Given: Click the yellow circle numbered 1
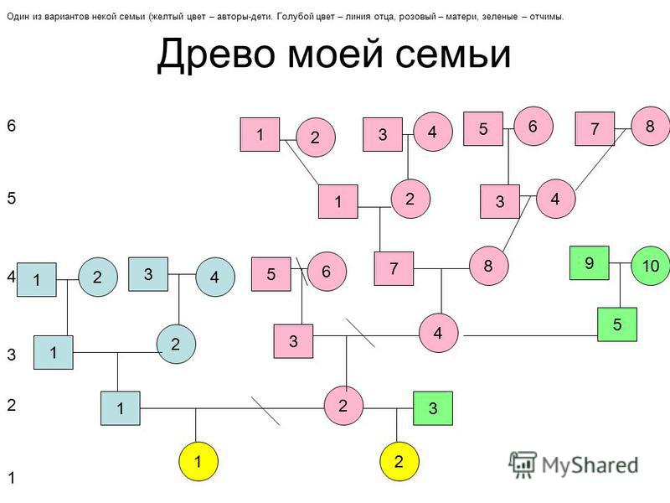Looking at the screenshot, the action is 198,462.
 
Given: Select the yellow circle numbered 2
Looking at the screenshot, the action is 399,462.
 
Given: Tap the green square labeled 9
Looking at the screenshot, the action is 590,263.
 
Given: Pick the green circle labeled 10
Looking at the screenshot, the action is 651,266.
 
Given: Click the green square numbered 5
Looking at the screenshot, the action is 617,324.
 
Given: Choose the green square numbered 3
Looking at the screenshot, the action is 433,408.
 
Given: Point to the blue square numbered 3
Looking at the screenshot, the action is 148,274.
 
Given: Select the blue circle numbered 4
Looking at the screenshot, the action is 215,277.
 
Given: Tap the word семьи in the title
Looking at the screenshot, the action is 453,54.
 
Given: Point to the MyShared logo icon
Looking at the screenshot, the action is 522,464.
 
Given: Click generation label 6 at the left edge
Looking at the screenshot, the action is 11,125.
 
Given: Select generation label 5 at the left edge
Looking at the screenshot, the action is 11,198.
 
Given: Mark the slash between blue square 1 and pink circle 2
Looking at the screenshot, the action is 265,411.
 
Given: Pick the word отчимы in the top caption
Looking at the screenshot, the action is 547,17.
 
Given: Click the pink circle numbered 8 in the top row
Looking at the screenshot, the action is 650,127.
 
